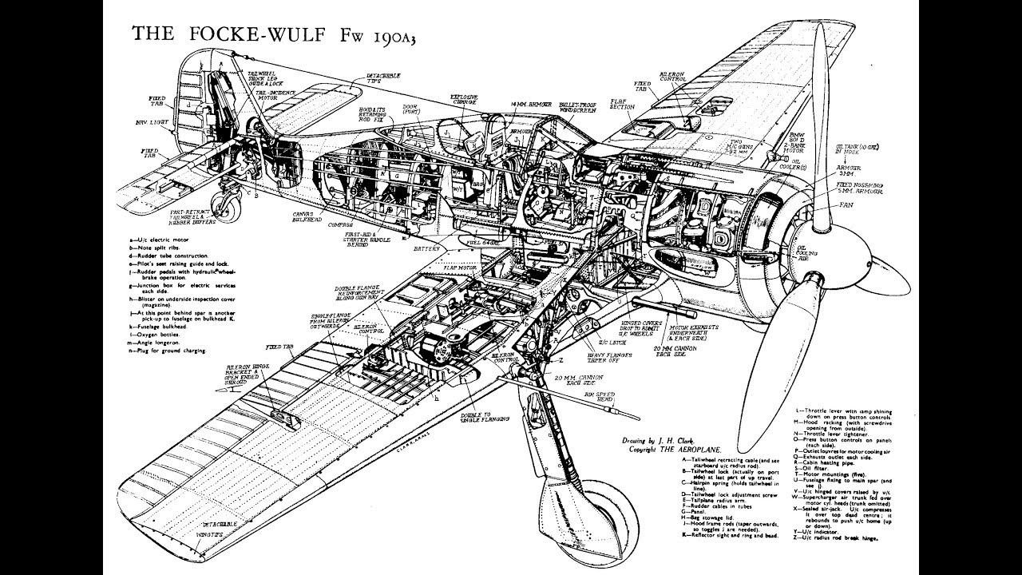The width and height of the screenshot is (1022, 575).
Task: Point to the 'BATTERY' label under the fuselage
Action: tap(428, 249)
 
